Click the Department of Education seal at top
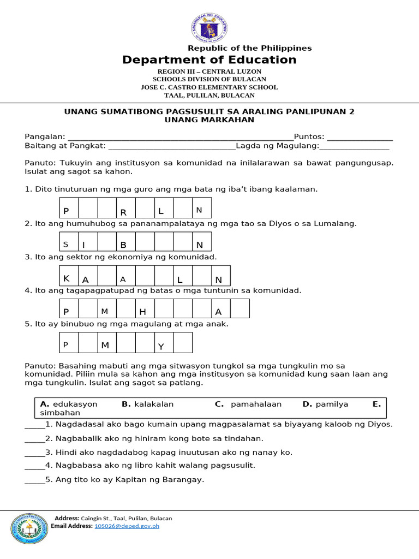(x=209, y=27)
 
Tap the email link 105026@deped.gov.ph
(x=127, y=526)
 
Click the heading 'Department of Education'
(x=209, y=60)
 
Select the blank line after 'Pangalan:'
(x=180, y=138)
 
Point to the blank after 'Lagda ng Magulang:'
(x=354, y=147)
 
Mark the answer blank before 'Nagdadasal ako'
(x=34, y=425)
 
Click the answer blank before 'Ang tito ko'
(x=34, y=481)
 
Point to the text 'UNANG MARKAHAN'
(x=209, y=120)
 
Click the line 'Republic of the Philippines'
(x=249, y=48)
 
